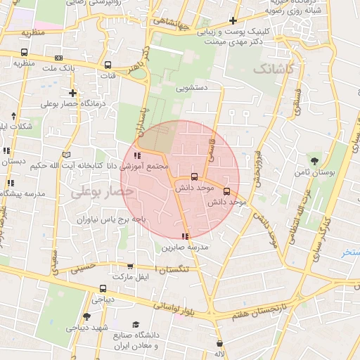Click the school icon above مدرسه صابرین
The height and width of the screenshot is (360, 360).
coord(185,236)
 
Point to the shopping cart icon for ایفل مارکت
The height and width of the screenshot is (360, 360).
coord(129,266)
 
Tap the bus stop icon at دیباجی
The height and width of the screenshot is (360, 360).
coord(103,288)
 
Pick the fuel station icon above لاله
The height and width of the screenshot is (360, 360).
coord(220,344)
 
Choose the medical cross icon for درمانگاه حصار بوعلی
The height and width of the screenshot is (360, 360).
coord(72,93)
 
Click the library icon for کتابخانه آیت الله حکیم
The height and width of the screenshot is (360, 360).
coord(67,154)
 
